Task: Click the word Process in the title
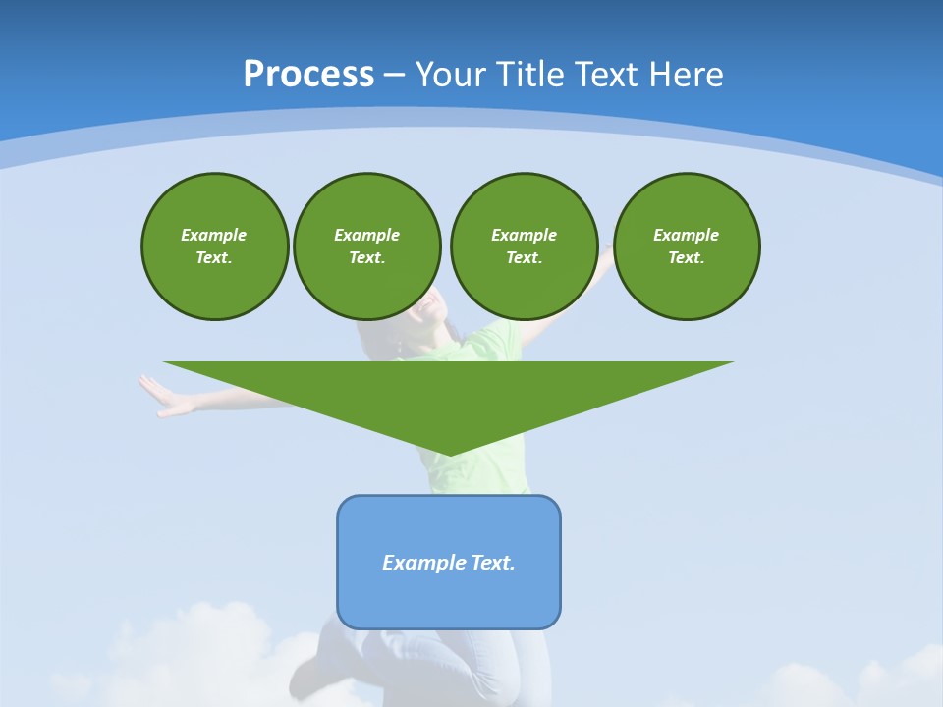tap(308, 75)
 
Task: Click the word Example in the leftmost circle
tap(213, 235)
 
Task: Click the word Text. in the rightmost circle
tap(686, 258)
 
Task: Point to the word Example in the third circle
tap(524, 235)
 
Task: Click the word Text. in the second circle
tap(366, 258)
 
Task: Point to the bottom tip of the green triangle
tap(450, 453)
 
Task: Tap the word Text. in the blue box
tap(493, 563)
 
